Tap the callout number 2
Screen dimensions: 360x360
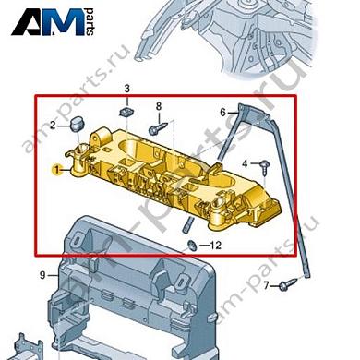click(x=54, y=125)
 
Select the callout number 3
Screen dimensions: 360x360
click(x=128, y=89)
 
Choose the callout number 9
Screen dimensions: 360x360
click(x=42, y=275)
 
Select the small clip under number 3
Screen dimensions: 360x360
click(x=126, y=110)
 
